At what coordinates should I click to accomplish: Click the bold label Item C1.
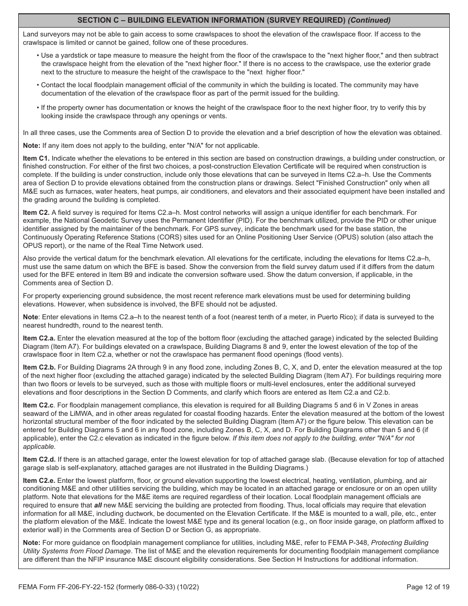click(x=36, y=159)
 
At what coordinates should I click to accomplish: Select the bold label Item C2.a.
click(x=39, y=338)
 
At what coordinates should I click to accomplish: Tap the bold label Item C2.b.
click(x=39, y=368)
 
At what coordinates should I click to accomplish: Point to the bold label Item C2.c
click(x=39, y=405)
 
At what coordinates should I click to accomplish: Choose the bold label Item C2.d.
click(x=39, y=460)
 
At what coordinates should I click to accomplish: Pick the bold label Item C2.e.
click(x=39, y=480)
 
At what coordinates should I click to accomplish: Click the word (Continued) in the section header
click(x=369, y=20)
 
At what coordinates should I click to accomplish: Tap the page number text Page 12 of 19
click(x=428, y=587)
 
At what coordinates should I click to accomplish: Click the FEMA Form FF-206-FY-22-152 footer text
click(x=111, y=587)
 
